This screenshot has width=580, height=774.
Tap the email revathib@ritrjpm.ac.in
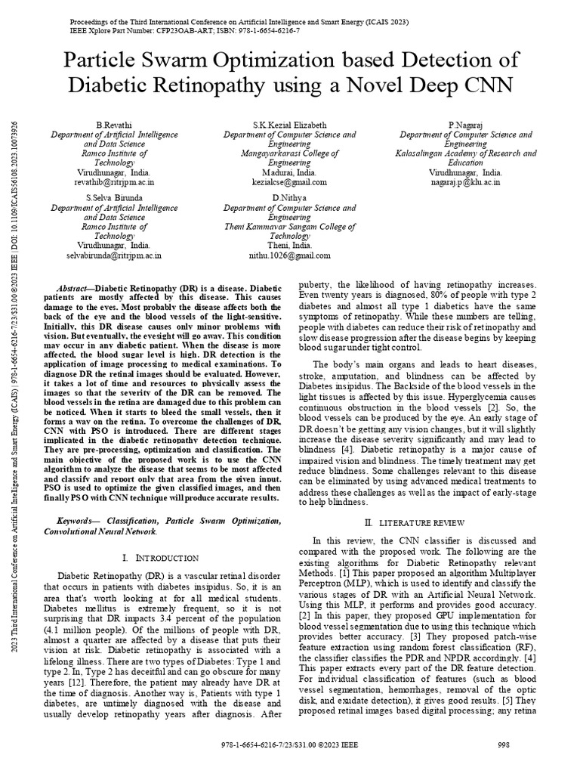click(114, 182)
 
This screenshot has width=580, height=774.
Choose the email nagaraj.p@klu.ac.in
click(466, 182)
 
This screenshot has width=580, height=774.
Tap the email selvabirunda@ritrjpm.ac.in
click(114, 255)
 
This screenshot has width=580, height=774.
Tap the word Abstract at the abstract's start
click(76, 289)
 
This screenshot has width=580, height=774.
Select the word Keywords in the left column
click(79, 521)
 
